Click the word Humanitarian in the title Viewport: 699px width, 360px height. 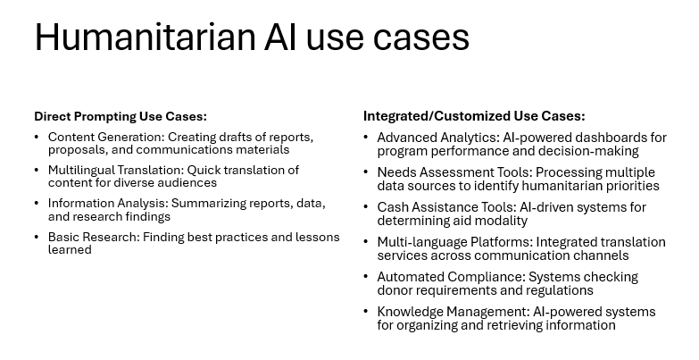[145, 37]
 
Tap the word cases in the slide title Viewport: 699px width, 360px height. [420, 40]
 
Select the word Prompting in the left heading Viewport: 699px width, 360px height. [104, 117]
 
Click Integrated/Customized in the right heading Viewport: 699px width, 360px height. [437, 116]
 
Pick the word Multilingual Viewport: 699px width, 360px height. [80, 171]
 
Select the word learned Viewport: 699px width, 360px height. [70, 249]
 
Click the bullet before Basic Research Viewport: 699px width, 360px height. [37, 237]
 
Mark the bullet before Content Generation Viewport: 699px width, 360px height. [37, 137]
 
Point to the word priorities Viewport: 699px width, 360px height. [632, 186]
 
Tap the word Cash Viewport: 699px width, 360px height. [390, 207]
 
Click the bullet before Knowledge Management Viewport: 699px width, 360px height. [365, 312]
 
